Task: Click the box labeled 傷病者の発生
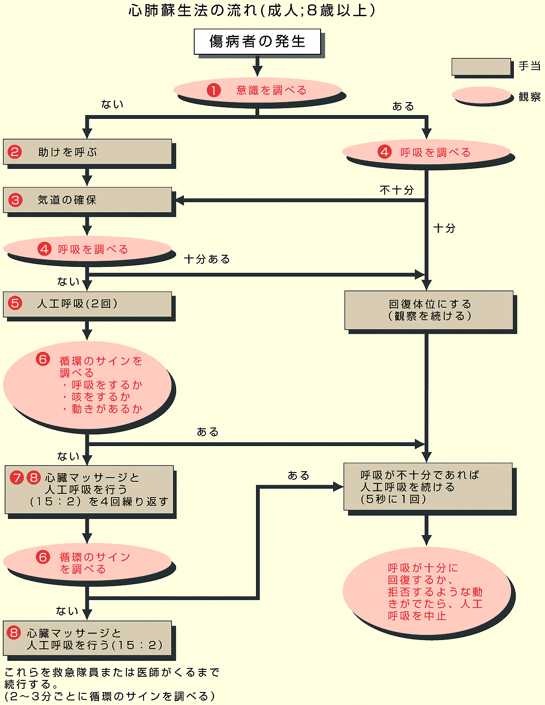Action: [257, 42]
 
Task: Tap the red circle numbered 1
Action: [214, 90]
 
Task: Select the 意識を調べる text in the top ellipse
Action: [271, 91]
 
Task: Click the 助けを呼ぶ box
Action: [87, 152]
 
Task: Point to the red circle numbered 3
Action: [16, 200]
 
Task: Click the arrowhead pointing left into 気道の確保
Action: [179, 201]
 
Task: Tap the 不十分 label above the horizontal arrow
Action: [396, 190]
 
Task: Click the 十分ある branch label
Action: [207, 259]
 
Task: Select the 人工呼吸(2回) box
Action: [87, 304]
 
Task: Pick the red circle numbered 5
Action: [15, 304]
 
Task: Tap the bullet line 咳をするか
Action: [100, 397]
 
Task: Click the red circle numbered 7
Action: [17, 478]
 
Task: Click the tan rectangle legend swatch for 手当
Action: [481, 66]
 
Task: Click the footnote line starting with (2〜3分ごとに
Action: [110, 696]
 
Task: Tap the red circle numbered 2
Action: [15, 152]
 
